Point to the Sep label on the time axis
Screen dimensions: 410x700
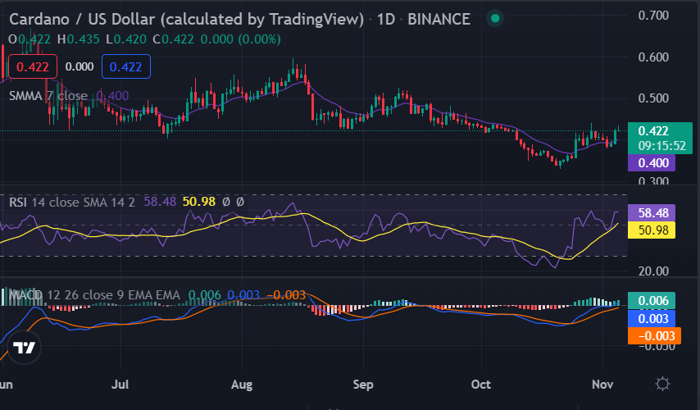(x=363, y=384)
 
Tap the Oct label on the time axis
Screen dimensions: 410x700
(x=482, y=384)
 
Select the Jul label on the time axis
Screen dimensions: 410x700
(x=121, y=384)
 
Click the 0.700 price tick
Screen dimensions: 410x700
(x=654, y=16)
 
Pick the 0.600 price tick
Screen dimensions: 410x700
(x=654, y=57)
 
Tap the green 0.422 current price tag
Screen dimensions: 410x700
(x=652, y=130)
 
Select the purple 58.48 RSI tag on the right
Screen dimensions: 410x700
(x=652, y=213)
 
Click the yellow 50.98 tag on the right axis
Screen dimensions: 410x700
(x=652, y=230)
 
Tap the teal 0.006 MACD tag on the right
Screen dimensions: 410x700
(x=652, y=301)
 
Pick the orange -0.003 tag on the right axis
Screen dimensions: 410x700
(x=652, y=335)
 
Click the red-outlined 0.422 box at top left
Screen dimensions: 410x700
(x=32, y=66)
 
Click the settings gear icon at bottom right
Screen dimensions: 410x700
(x=663, y=383)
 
